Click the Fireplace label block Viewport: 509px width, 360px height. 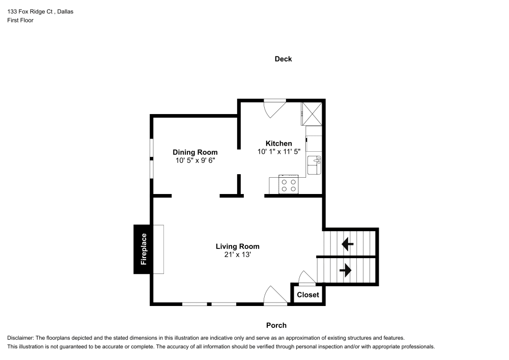(x=143, y=249)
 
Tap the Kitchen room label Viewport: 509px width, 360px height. (x=278, y=143)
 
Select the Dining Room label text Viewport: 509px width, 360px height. (x=195, y=152)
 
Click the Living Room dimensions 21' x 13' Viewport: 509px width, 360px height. (x=234, y=255)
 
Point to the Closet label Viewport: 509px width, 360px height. (x=308, y=295)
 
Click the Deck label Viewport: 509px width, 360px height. (x=283, y=59)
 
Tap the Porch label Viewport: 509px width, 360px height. (x=276, y=325)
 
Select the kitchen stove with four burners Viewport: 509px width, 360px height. (x=289, y=185)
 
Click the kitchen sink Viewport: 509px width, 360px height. (x=314, y=166)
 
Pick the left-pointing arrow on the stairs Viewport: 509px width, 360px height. (x=348, y=245)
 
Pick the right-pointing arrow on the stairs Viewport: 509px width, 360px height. (x=346, y=270)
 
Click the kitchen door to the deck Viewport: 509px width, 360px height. (x=274, y=107)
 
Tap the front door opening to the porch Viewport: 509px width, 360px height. (x=275, y=296)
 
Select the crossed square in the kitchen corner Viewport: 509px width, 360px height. (x=312, y=113)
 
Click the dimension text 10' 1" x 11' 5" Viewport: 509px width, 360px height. (x=279, y=151)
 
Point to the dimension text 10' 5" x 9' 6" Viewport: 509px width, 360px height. (x=195, y=160)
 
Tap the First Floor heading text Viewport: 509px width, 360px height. (x=20, y=20)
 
